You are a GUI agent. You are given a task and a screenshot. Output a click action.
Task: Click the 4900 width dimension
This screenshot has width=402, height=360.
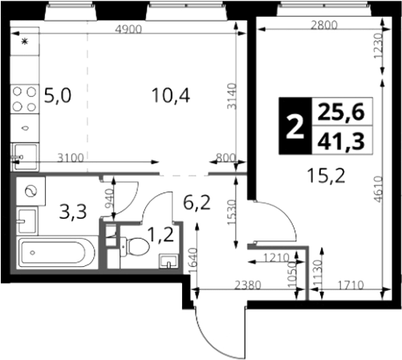pos(128,29)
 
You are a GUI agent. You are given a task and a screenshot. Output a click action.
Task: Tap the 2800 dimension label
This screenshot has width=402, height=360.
pos(324,25)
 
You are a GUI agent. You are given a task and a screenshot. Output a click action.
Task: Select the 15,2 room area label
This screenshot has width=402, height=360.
pos(326,176)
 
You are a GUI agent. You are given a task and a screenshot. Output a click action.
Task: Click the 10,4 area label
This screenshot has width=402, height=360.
pos(171,95)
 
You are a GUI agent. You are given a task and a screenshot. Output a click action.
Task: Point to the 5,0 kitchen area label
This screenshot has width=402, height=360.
pos(58,95)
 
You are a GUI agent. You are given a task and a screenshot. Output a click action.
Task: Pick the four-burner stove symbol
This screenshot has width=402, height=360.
pos(25,99)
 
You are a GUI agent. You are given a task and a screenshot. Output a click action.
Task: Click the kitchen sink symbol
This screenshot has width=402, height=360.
pos(26,157)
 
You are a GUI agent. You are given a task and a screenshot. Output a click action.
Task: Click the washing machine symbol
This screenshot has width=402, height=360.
pos(30,192)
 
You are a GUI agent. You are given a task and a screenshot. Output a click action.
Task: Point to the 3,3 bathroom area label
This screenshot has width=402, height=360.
pos(73,212)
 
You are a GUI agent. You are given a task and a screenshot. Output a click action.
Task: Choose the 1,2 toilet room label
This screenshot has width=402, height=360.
pos(160,235)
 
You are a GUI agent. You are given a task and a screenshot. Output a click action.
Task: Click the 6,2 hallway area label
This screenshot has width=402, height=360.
pos(197,202)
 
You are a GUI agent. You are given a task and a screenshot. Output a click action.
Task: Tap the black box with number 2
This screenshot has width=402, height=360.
pos(295,126)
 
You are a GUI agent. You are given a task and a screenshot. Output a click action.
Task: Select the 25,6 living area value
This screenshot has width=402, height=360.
pos(341,111)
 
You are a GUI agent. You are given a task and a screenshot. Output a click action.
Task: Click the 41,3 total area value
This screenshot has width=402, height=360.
pos(341,141)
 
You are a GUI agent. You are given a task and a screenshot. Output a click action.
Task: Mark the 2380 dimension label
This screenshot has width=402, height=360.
pos(247,285)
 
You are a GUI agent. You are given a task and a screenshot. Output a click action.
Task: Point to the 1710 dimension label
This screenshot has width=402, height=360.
pos(351,285)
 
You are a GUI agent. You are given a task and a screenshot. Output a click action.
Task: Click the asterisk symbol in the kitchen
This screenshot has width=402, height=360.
pos(25,42)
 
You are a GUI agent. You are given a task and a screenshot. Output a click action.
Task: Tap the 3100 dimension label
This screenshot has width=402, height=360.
pos(71,158)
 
